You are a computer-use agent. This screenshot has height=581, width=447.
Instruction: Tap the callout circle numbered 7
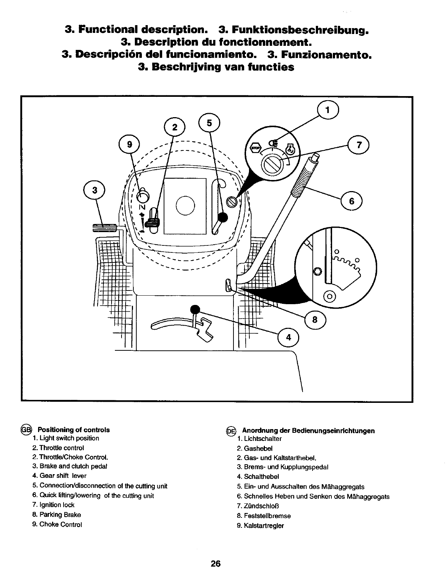tap(358, 145)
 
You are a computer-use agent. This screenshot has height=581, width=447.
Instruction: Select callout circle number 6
tap(351, 201)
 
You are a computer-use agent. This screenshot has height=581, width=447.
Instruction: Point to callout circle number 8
tap(315, 320)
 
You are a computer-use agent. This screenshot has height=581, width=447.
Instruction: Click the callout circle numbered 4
tap(289, 337)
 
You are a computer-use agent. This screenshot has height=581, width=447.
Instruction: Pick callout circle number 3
tap(95, 190)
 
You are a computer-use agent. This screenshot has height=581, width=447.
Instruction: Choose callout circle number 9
tap(129, 145)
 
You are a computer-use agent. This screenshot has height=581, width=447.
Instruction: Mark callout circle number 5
tap(209, 122)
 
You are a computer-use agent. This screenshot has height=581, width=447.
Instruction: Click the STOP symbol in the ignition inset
tap(256, 149)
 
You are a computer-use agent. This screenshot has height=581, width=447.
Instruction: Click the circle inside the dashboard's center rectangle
tap(185, 205)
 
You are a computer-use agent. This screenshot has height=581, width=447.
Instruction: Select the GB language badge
tap(27, 429)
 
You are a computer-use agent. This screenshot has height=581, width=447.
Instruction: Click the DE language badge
tap(231, 431)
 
